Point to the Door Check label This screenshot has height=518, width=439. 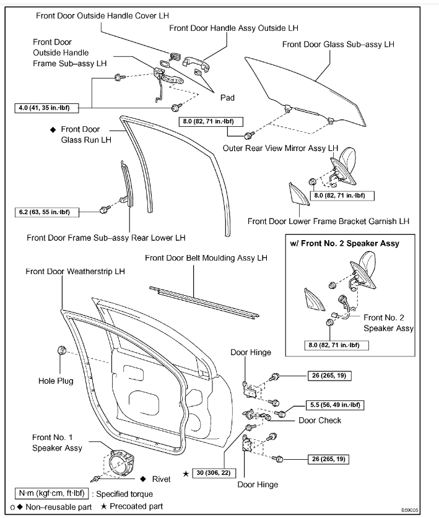point(319,420)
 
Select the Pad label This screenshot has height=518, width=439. point(227,98)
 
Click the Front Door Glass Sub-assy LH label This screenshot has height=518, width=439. point(338,45)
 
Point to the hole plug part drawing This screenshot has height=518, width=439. point(62,352)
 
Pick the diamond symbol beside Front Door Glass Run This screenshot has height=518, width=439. point(53,129)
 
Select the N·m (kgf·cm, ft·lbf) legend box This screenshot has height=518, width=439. point(53,493)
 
